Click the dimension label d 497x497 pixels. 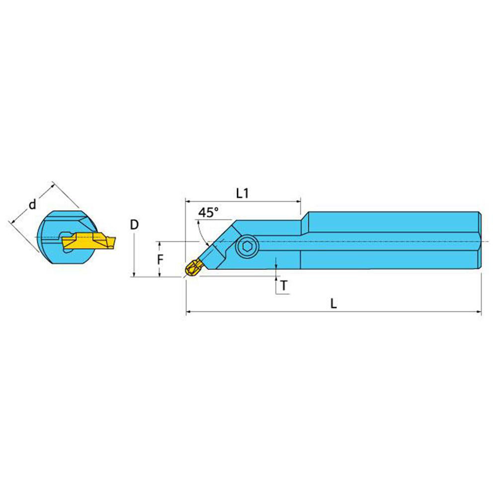click(x=32, y=204)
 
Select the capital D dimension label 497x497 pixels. click(x=134, y=225)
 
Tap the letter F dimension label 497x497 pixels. click(x=160, y=259)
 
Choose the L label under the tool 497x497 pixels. click(x=333, y=304)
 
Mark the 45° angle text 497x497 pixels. click(x=208, y=213)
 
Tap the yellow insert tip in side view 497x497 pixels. click(x=192, y=268)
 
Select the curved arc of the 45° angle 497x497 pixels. click(x=200, y=232)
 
